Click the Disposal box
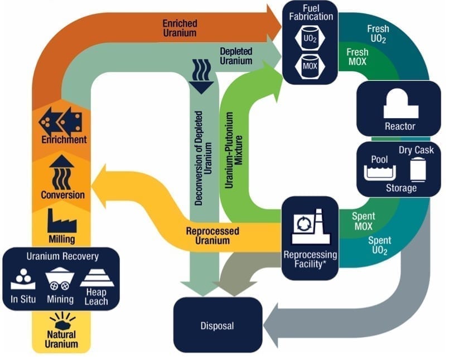(218, 325)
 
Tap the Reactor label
(400, 126)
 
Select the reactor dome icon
(400, 105)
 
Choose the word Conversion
(62, 195)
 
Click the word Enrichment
(63, 139)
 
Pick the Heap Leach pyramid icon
(97, 277)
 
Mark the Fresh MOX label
(357, 57)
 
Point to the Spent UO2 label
(379, 246)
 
